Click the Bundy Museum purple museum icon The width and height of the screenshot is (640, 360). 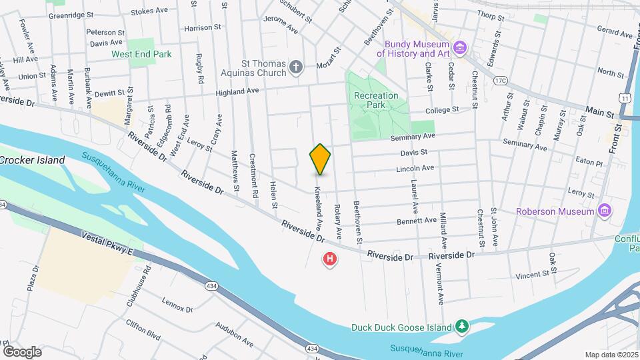[x=459, y=47]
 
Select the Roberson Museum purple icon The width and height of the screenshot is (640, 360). [x=605, y=211]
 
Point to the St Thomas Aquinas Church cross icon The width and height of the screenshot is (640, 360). [x=297, y=67]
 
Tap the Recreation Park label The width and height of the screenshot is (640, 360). [x=376, y=101]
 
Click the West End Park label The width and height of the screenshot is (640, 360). [x=141, y=55]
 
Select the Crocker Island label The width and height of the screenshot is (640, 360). [x=33, y=160]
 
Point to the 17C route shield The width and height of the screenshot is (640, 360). [x=501, y=81]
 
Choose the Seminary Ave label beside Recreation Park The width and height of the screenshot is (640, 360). [x=413, y=136]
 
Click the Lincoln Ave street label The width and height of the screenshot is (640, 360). [x=415, y=169]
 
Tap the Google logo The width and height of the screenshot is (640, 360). [x=22, y=352]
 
